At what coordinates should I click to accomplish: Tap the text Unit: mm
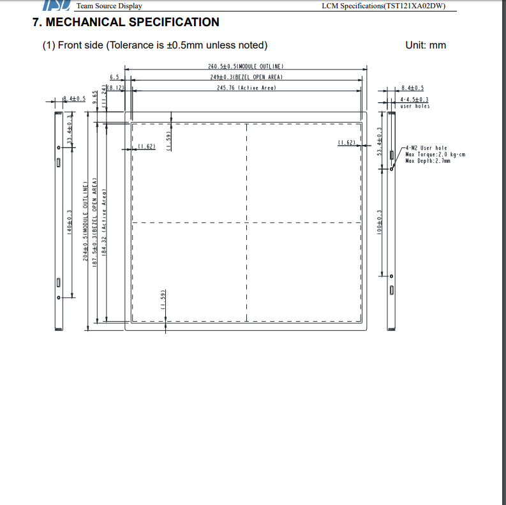(x=426, y=45)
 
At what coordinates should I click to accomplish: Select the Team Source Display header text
(x=109, y=6)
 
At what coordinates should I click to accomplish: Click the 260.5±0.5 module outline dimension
(x=246, y=66)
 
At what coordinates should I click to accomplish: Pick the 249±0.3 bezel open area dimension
(x=246, y=77)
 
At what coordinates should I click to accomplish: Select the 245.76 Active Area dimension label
(x=246, y=87)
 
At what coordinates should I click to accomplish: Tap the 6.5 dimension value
(x=114, y=77)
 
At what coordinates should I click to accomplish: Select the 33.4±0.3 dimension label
(x=70, y=130)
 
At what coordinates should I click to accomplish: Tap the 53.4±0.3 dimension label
(x=380, y=142)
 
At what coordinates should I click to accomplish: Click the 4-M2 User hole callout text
(x=426, y=148)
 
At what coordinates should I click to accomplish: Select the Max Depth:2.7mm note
(x=428, y=161)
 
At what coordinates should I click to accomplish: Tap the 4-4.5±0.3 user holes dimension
(x=414, y=100)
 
